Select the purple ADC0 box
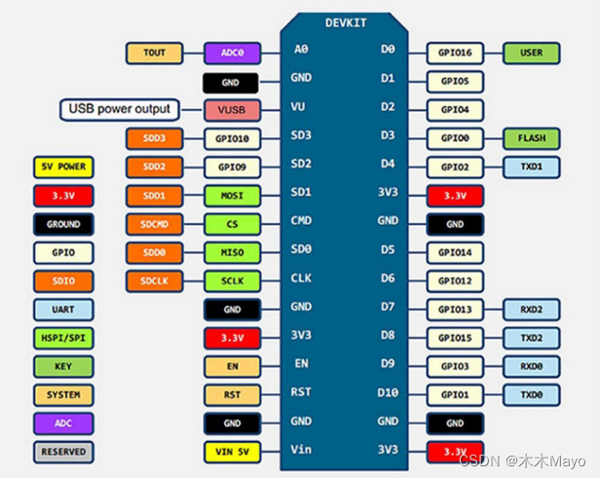[x=231, y=54]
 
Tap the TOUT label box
[x=154, y=54]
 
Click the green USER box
[x=531, y=53]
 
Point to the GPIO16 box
[x=455, y=53]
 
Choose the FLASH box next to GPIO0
[x=531, y=138]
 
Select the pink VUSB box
[x=231, y=110]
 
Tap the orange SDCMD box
[x=154, y=224]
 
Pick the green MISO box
[x=231, y=253]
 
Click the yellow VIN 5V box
[x=231, y=452]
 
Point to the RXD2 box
[x=531, y=310]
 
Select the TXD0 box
[x=531, y=395]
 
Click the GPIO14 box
[x=455, y=253]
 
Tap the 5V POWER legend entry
[x=63, y=167]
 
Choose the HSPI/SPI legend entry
[x=63, y=339]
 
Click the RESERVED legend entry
[x=63, y=452]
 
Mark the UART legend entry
[x=63, y=310]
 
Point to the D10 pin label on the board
[x=388, y=393]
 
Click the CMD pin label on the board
[x=301, y=220]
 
